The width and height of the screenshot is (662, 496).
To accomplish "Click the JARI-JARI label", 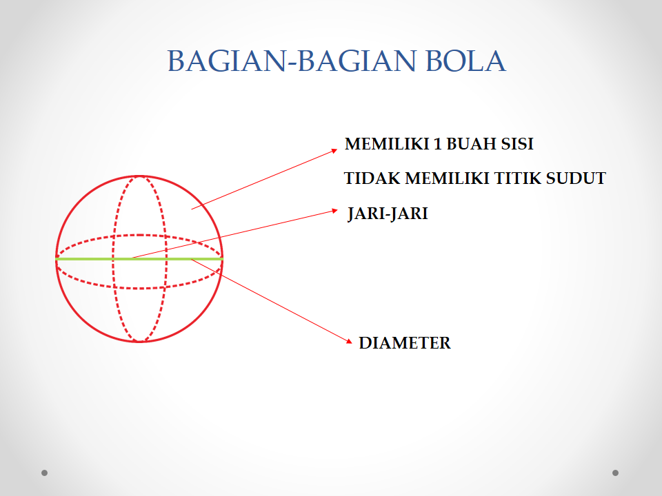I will pos(388,214).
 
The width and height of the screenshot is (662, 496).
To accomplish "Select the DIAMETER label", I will pos(405,343).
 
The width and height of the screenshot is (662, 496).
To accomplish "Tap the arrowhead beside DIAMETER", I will pos(349,340).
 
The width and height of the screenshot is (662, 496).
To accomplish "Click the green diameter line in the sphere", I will pos(90,258).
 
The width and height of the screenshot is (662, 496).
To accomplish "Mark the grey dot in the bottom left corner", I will pos(45,473).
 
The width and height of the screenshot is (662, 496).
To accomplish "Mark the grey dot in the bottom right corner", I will pos(615,473).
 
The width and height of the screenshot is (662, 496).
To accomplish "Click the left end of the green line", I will pos(57,258).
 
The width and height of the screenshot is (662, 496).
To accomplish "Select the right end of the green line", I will pos(221,258).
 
